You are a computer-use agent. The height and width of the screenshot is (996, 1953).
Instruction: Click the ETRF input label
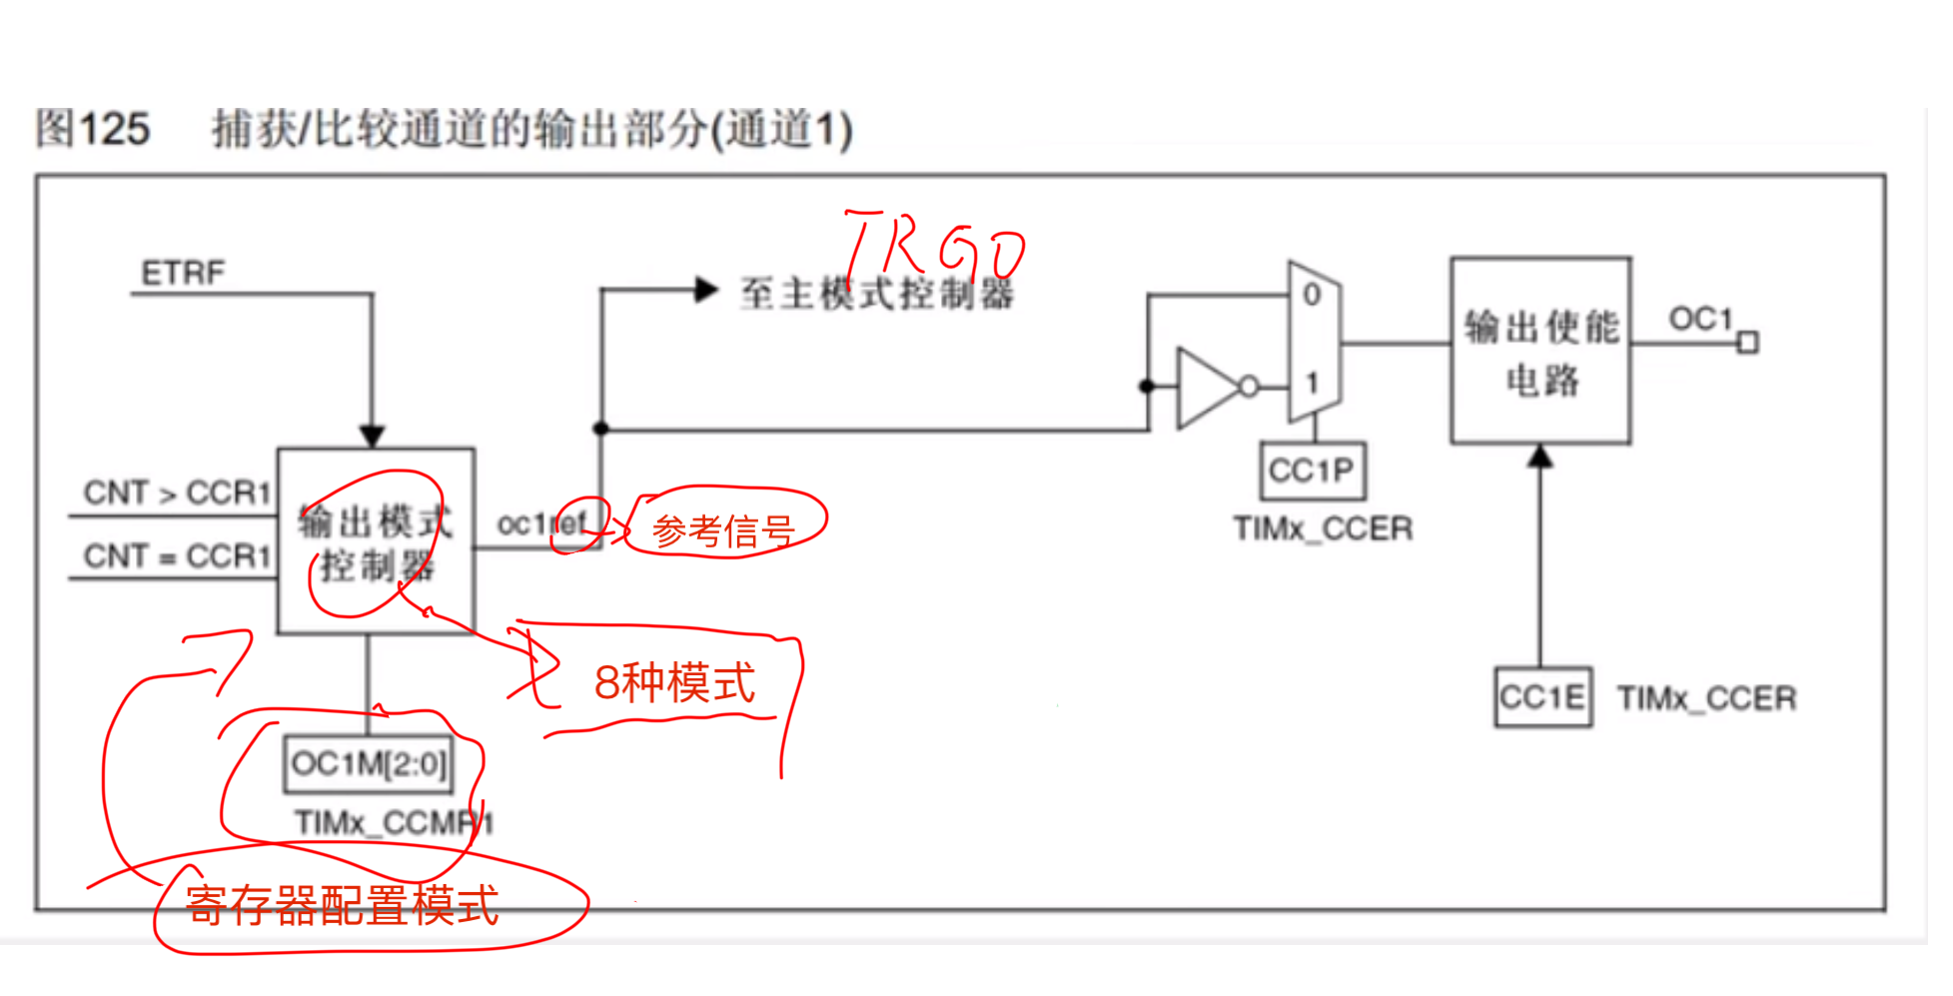click(x=183, y=273)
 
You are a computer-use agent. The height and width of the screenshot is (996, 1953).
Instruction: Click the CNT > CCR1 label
click(x=177, y=493)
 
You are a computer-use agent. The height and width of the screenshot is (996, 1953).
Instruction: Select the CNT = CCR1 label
click(x=177, y=555)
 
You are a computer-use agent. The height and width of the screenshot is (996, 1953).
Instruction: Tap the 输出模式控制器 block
click(x=376, y=541)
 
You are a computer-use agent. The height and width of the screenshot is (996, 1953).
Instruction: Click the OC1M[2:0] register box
click(x=368, y=764)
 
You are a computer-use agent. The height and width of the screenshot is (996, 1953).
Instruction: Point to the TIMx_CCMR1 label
click(x=394, y=823)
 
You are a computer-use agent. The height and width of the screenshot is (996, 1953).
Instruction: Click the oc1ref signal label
click(x=541, y=523)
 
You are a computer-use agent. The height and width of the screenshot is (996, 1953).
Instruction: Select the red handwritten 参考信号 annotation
click(x=723, y=530)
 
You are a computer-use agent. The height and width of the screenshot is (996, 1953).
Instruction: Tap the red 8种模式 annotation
click(x=674, y=683)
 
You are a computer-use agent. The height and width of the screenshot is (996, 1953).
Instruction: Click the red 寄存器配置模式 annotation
click(x=342, y=906)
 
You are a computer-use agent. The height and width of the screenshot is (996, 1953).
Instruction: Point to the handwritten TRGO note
click(x=934, y=245)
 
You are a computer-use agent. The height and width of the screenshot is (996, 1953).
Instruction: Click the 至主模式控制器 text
click(x=876, y=294)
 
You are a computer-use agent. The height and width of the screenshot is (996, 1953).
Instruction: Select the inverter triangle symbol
click(x=1209, y=388)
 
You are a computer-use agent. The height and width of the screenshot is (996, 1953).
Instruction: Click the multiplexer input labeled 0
click(x=1312, y=295)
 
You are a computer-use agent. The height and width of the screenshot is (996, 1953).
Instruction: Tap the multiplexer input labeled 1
click(x=1312, y=383)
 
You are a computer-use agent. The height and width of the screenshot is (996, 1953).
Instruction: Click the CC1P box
click(x=1312, y=471)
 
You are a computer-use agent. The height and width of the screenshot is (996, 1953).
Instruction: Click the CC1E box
click(x=1541, y=697)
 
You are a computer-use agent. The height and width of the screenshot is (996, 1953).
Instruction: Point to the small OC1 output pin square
click(x=1747, y=344)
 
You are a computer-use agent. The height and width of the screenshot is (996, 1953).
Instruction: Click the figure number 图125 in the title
click(x=93, y=130)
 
